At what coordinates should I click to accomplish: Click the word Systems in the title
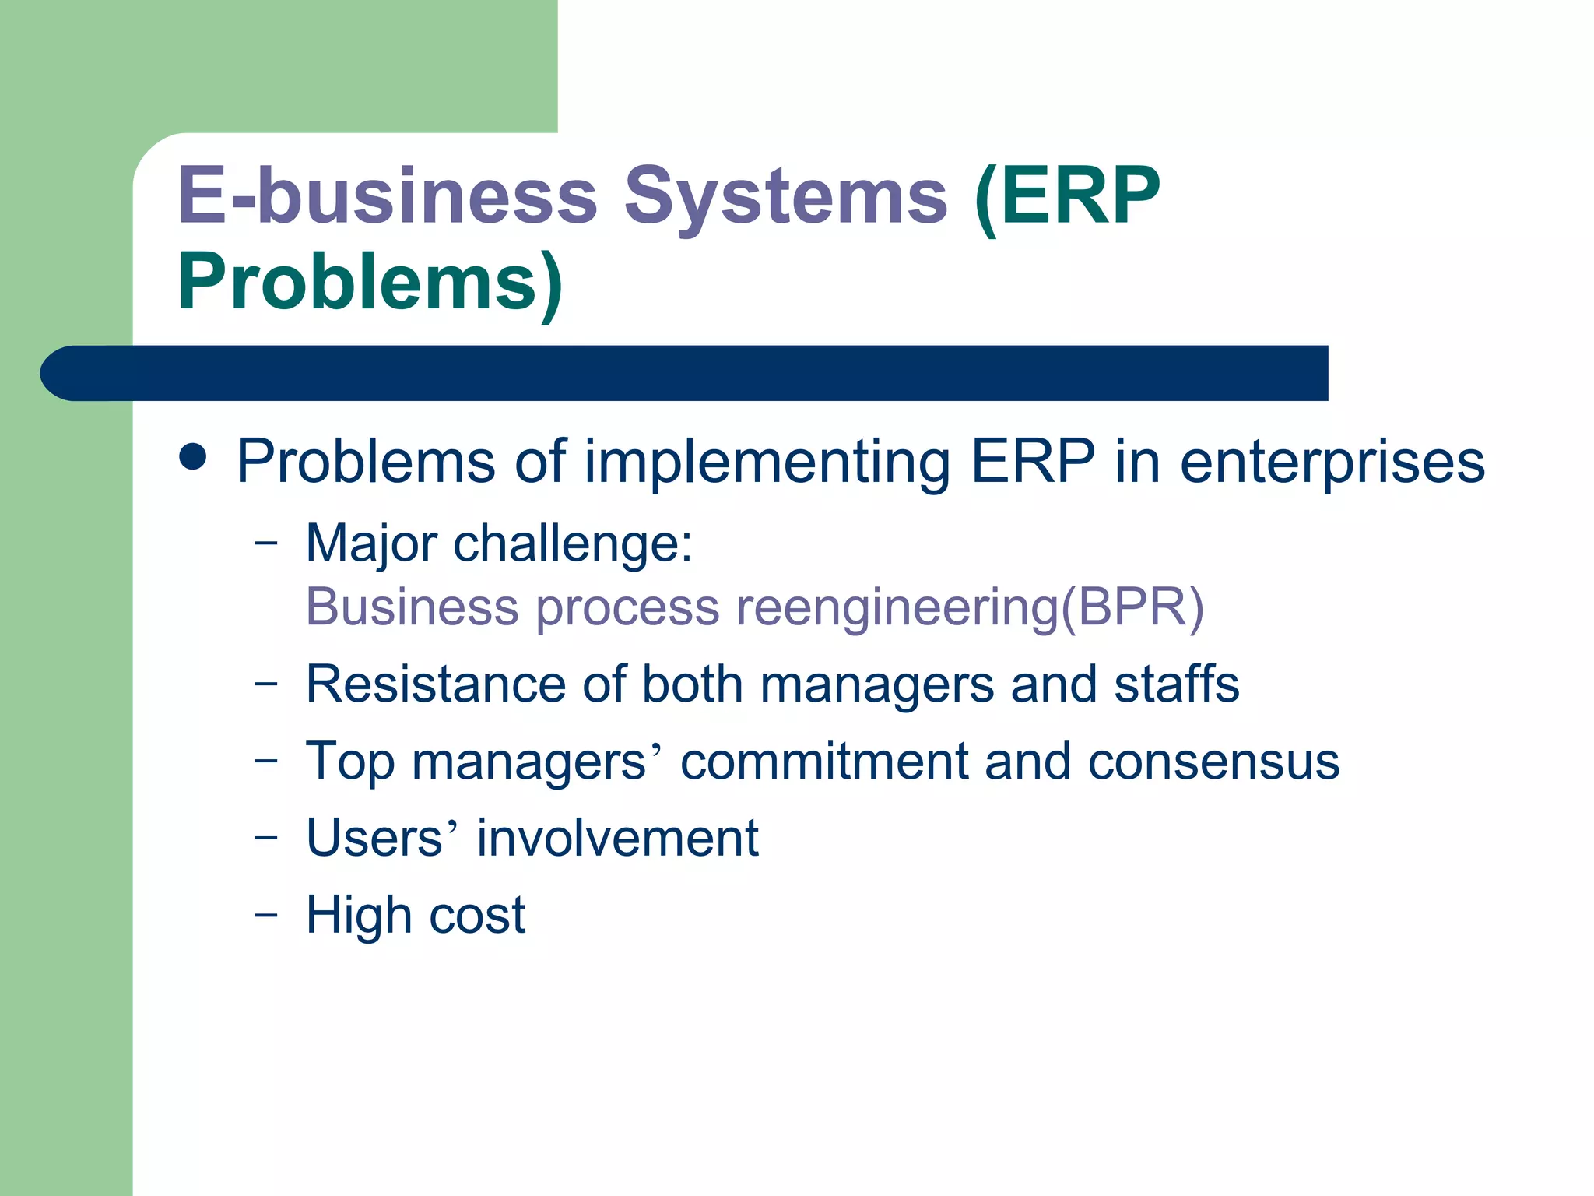tap(786, 196)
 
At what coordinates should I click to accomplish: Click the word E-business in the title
tap(388, 196)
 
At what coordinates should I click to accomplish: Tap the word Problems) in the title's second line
tap(370, 282)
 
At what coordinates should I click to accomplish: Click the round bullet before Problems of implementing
tap(192, 458)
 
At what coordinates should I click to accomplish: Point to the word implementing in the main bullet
tap(767, 463)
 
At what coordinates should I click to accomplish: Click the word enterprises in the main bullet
tap(1332, 463)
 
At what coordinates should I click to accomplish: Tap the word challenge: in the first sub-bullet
tap(573, 543)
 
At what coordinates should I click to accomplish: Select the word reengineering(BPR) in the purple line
tap(970, 607)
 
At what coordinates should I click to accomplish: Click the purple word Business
tap(413, 607)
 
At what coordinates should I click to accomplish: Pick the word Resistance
tap(436, 684)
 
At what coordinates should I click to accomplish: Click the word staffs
tap(1176, 684)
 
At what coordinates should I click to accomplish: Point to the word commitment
tap(823, 762)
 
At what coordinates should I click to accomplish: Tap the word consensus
tap(1213, 762)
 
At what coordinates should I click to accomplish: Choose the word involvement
tap(617, 839)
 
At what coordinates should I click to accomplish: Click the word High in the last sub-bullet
tap(359, 915)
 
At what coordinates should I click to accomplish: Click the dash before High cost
tap(265, 914)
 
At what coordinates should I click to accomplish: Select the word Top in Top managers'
tap(350, 762)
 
